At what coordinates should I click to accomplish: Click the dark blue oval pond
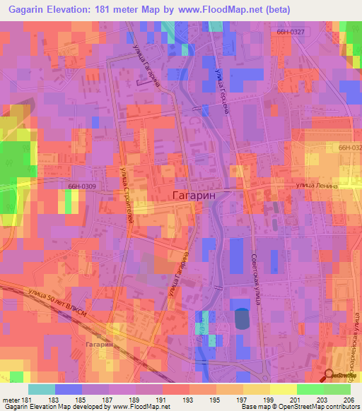point(242,318)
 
